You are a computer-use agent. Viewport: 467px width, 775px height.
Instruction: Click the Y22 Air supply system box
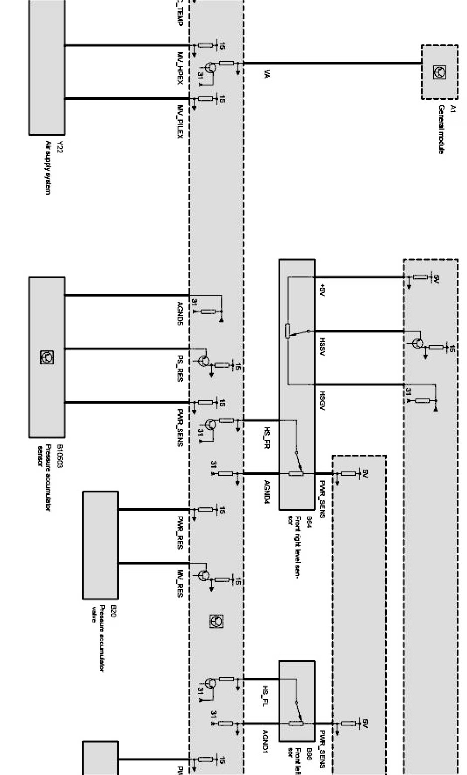coord(47,67)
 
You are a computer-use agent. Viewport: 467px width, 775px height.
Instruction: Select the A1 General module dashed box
coord(440,72)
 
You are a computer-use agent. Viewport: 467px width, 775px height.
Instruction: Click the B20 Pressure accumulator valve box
coord(100,545)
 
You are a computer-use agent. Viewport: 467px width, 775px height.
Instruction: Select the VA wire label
coord(267,75)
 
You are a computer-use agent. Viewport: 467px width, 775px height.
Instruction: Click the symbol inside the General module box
coord(440,72)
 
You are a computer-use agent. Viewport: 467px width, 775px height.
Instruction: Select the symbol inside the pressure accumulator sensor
coord(47,357)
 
